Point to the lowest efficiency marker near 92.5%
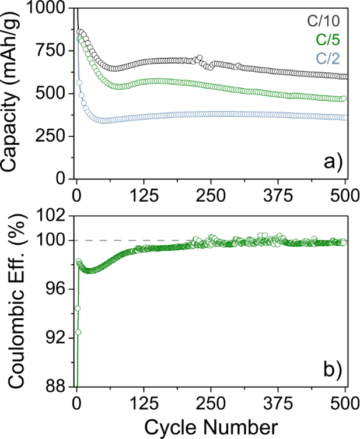(78, 332)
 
